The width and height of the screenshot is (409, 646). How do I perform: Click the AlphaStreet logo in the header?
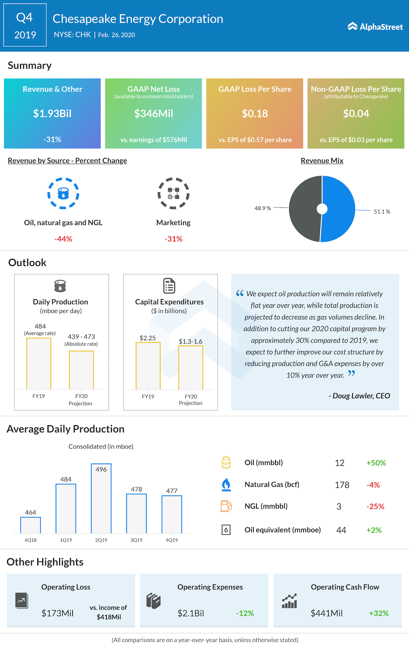point(375,27)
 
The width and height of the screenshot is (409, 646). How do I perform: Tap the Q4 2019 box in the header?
point(25,25)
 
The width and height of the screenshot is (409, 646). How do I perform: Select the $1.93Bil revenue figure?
point(52,113)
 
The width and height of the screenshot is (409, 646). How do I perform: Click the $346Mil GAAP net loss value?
point(153,113)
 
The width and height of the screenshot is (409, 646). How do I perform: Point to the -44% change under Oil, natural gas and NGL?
point(63,239)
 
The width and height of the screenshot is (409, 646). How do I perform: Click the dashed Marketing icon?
point(174,193)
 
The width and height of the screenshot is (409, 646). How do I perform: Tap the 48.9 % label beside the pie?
point(263,208)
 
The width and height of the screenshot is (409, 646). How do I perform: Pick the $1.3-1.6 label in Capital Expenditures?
point(190,341)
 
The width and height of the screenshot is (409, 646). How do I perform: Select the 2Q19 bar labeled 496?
point(101,499)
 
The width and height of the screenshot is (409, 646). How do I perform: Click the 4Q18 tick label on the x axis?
point(30,540)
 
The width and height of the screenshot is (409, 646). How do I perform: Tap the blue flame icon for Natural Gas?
point(226,485)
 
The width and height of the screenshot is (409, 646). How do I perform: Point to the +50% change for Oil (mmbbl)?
point(376,463)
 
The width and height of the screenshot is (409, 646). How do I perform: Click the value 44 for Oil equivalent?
point(341,530)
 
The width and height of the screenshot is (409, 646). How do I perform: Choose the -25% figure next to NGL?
point(375,506)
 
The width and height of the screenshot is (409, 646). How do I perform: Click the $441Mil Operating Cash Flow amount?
point(326,613)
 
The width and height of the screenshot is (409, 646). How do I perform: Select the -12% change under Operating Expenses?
point(245,613)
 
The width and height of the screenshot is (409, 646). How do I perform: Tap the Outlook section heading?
point(27,262)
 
